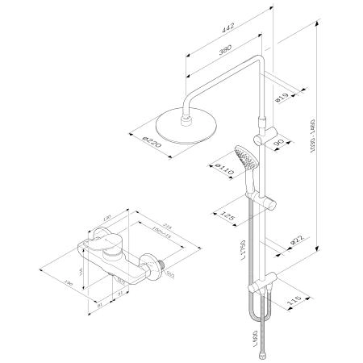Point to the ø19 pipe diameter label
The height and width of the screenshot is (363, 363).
(x=282, y=99)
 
